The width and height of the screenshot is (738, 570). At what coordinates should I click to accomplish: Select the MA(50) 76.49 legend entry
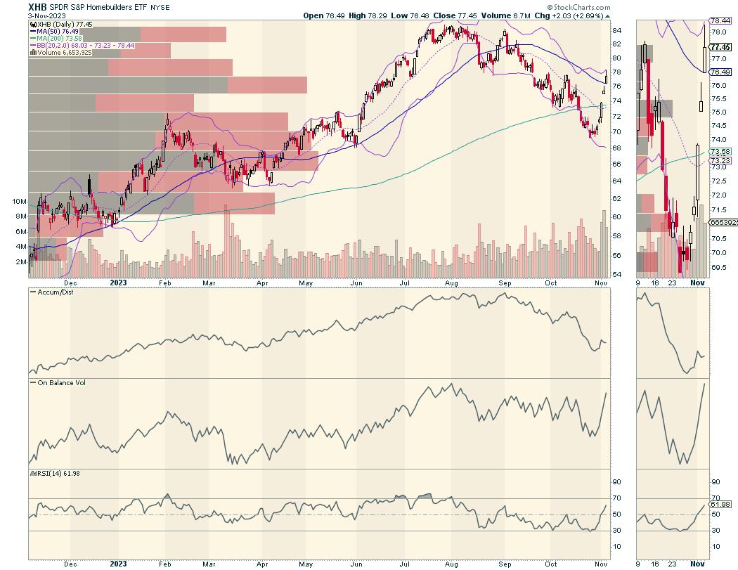coord(59,30)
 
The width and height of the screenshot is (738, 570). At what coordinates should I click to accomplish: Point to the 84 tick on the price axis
coord(616,30)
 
